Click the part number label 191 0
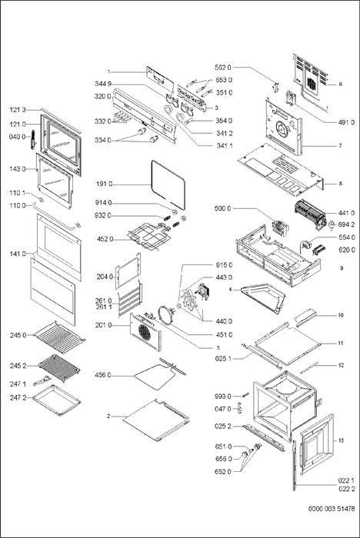point(104,184)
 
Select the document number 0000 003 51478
point(332,509)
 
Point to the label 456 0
point(103,375)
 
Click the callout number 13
point(341,440)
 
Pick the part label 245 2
point(18,366)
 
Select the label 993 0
point(223,397)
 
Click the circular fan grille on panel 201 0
point(145,331)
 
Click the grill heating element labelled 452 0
point(147,236)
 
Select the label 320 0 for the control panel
point(103,97)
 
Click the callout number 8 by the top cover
point(341,184)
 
